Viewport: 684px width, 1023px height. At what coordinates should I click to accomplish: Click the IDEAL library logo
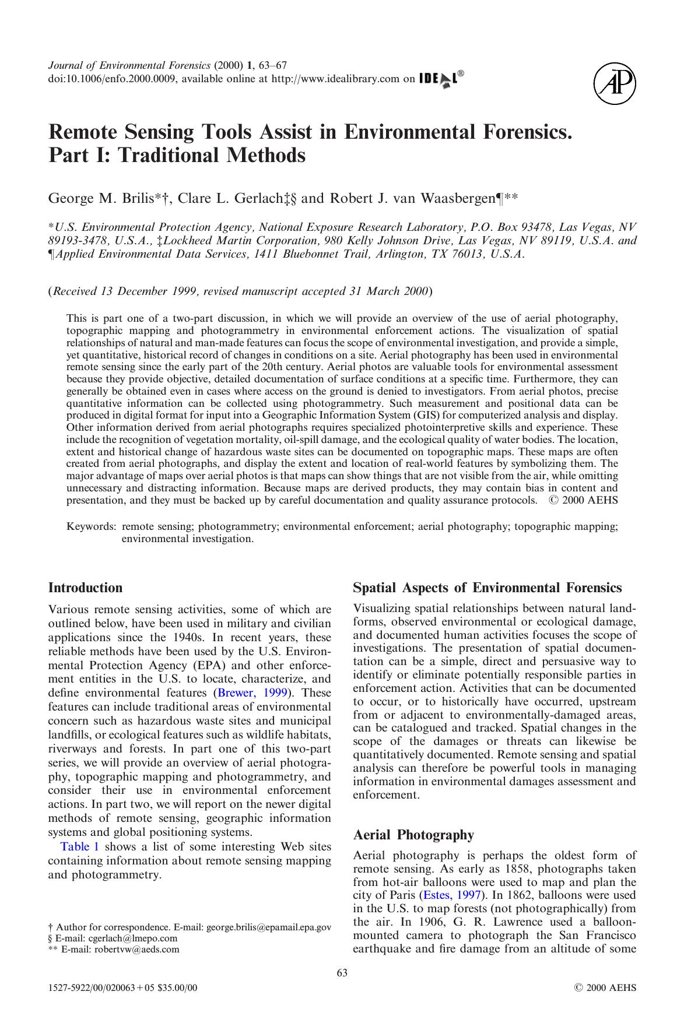[441, 79]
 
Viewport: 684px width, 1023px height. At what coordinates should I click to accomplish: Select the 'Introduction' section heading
[85, 588]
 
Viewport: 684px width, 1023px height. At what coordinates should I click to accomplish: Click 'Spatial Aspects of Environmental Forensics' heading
[487, 588]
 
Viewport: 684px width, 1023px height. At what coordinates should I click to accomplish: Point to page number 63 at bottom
[342, 972]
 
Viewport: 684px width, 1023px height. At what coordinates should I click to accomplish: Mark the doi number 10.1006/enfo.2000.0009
[110, 79]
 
